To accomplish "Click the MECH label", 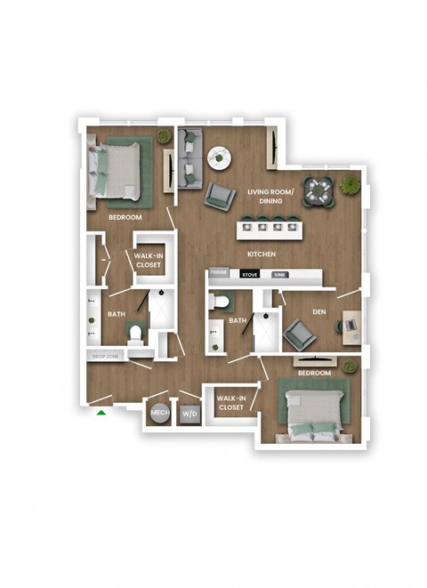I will click(160, 413).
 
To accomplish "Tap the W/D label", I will click(189, 414).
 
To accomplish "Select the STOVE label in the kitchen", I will click(250, 275).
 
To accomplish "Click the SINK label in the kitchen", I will click(279, 275).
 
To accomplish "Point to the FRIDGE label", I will click(219, 275).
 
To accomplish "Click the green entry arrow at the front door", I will click(102, 412).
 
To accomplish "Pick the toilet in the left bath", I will click(135, 334).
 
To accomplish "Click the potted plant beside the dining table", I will click(350, 185).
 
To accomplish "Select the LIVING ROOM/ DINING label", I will click(265, 195).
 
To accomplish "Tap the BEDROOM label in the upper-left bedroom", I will click(125, 217).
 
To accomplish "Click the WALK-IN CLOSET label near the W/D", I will click(230, 402).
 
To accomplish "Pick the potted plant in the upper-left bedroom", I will click(164, 136).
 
